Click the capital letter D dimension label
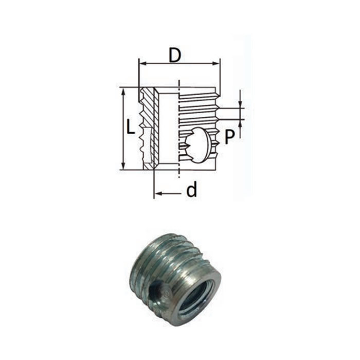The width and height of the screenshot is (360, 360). pos(175,55)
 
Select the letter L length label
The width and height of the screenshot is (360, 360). pos(131,127)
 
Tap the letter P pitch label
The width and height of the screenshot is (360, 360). pos(230,136)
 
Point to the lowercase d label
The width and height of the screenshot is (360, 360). pos(191,190)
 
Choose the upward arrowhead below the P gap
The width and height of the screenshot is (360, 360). pos(240,122)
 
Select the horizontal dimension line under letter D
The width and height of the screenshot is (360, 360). pos(179,64)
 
